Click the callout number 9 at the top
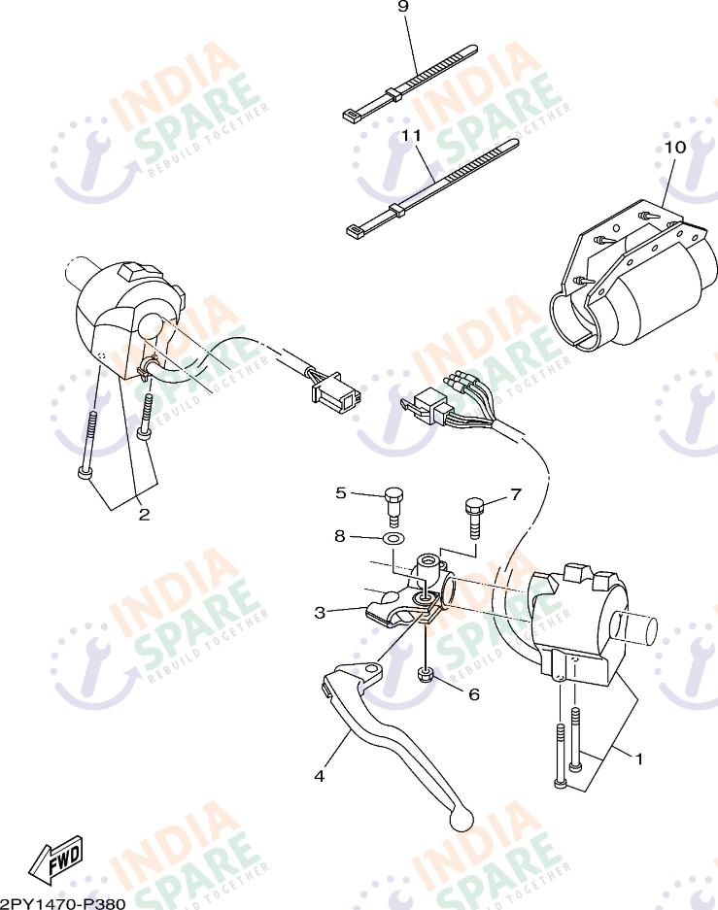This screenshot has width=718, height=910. point(403,7)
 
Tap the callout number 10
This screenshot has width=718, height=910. point(674,147)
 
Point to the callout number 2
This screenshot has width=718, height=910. point(144,515)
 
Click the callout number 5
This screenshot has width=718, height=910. point(341,492)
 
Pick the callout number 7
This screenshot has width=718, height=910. point(516,493)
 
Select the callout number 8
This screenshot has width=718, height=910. point(340,535)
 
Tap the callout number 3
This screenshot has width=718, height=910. point(320,612)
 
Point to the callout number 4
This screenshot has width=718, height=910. point(319,775)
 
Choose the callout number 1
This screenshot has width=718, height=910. point(638,758)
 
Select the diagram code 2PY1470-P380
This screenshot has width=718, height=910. point(63,903)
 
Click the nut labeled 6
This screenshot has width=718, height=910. point(425,676)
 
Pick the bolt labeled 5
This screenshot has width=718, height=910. point(393,502)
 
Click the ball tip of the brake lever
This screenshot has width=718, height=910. point(462,821)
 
